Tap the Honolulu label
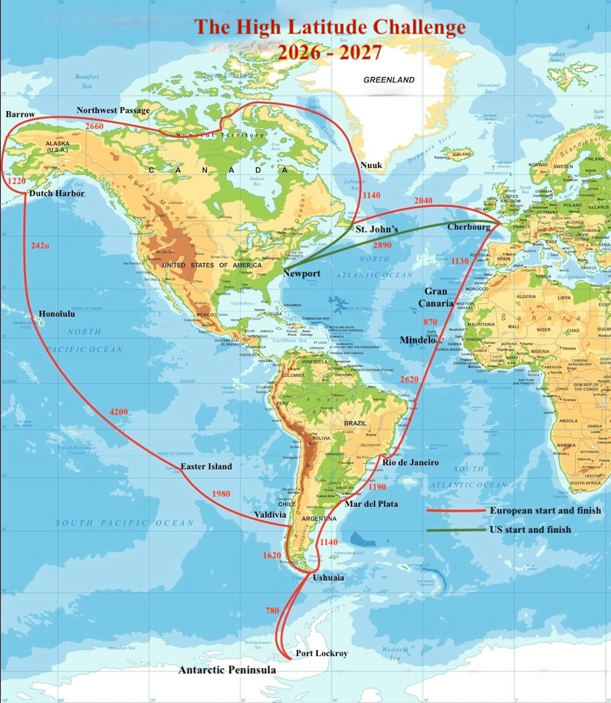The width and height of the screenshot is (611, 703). [x=57, y=314]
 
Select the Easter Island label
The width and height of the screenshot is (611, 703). [x=206, y=467]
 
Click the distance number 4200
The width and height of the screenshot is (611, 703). [x=119, y=412]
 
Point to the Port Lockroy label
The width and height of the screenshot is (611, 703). [x=321, y=654]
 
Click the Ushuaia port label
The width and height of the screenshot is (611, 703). [x=328, y=577]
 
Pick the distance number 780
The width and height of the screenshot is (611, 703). [x=273, y=610]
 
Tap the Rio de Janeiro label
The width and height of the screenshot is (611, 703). [x=411, y=462]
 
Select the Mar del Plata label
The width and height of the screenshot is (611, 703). [x=371, y=504]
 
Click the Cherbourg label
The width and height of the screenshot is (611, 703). [x=469, y=227]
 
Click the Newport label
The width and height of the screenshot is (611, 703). [x=301, y=274]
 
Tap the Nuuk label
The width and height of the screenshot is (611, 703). [x=371, y=166]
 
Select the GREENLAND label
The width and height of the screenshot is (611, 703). [x=389, y=80]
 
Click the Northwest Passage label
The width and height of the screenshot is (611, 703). [x=113, y=111]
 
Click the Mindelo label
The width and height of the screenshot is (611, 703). [x=417, y=340]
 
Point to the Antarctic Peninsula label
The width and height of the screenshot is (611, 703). [x=227, y=670]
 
